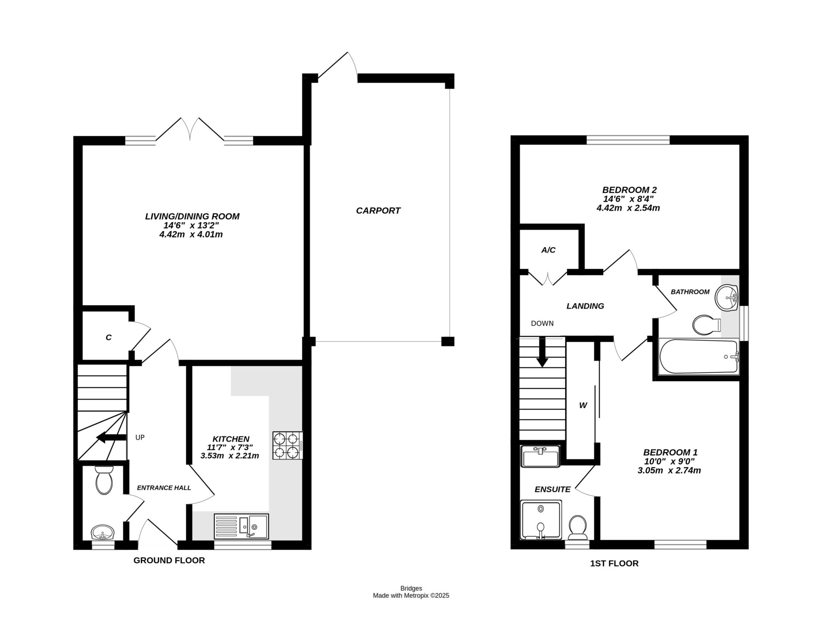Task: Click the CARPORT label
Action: [378, 210]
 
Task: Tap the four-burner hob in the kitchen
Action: [287, 445]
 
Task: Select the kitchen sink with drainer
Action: [241, 526]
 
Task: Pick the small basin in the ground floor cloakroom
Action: [103, 532]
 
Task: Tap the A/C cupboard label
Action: [548, 250]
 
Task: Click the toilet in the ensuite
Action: [578, 528]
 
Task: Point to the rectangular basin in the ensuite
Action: [540, 457]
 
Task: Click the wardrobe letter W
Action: [583, 405]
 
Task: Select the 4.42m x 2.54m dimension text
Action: [628, 208]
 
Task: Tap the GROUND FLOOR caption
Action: [169, 560]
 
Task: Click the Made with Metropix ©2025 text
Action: [411, 595]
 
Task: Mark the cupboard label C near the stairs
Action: [108, 337]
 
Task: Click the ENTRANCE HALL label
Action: [164, 488]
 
